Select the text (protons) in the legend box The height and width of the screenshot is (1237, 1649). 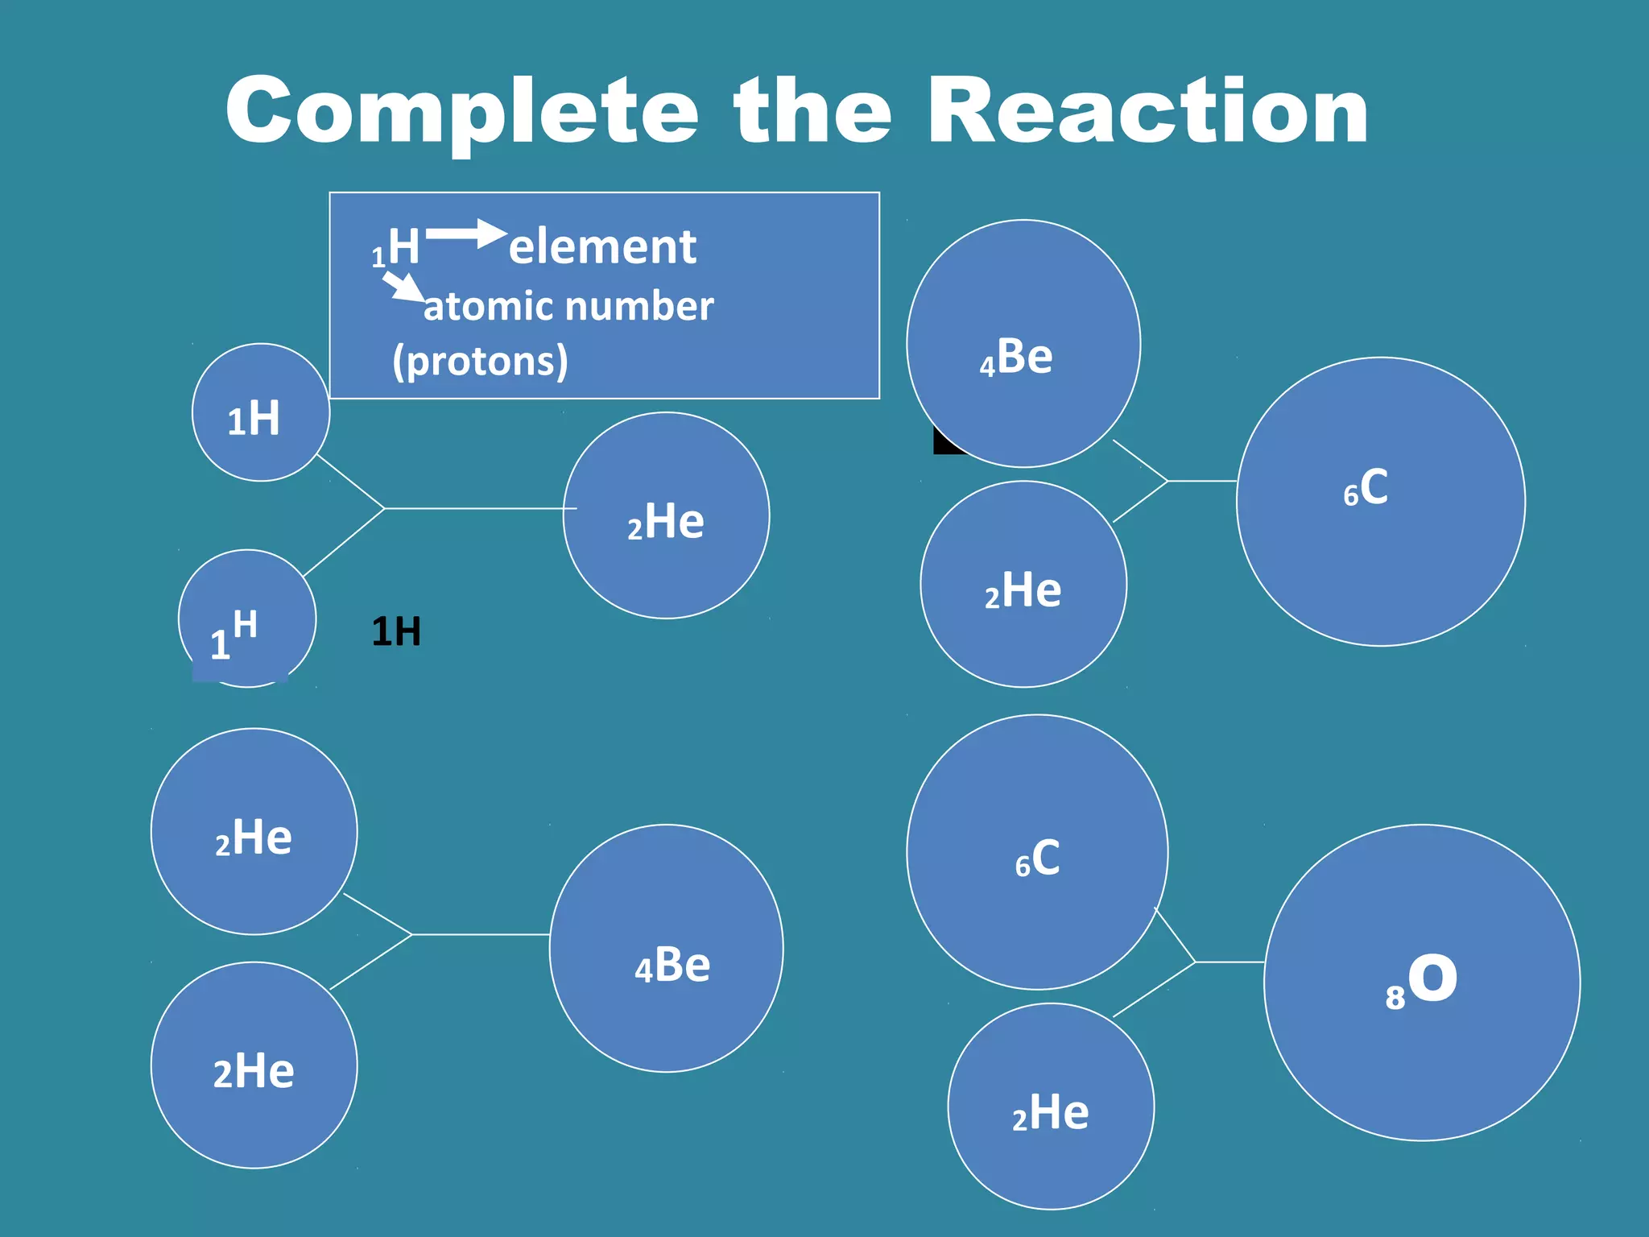pos(480,361)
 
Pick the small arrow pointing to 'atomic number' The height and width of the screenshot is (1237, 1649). pos(403,286)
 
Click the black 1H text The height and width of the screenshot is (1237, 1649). pos(396,631)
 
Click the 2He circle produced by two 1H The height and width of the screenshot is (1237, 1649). pos(666,515)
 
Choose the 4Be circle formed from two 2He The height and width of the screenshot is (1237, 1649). pos(666,948)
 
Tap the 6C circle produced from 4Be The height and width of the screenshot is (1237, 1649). pos(1380,501)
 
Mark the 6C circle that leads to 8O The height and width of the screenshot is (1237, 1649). pos(1037,852)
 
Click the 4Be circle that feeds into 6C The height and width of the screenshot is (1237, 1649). pos(1023,343)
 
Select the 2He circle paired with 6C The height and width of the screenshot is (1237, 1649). pos(1051,1106)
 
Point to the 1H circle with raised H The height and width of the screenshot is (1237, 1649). pos(246,618)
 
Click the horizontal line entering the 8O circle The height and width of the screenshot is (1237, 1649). pos(1230,962)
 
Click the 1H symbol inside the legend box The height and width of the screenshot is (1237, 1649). pos(396,248)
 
